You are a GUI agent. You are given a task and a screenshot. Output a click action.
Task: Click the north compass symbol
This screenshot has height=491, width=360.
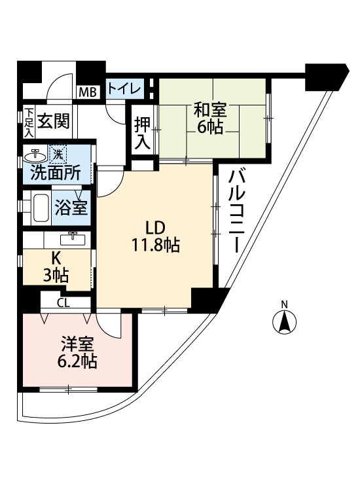pos(285,321)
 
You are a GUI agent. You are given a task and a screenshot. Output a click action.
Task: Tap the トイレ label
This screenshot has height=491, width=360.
pos(123,88)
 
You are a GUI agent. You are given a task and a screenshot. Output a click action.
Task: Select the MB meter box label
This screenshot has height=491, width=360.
pos(88,92)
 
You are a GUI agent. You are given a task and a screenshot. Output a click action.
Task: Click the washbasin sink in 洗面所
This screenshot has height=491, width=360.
pos(35,156)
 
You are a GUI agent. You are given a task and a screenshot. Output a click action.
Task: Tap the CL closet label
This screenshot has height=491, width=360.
pos(63,302)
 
